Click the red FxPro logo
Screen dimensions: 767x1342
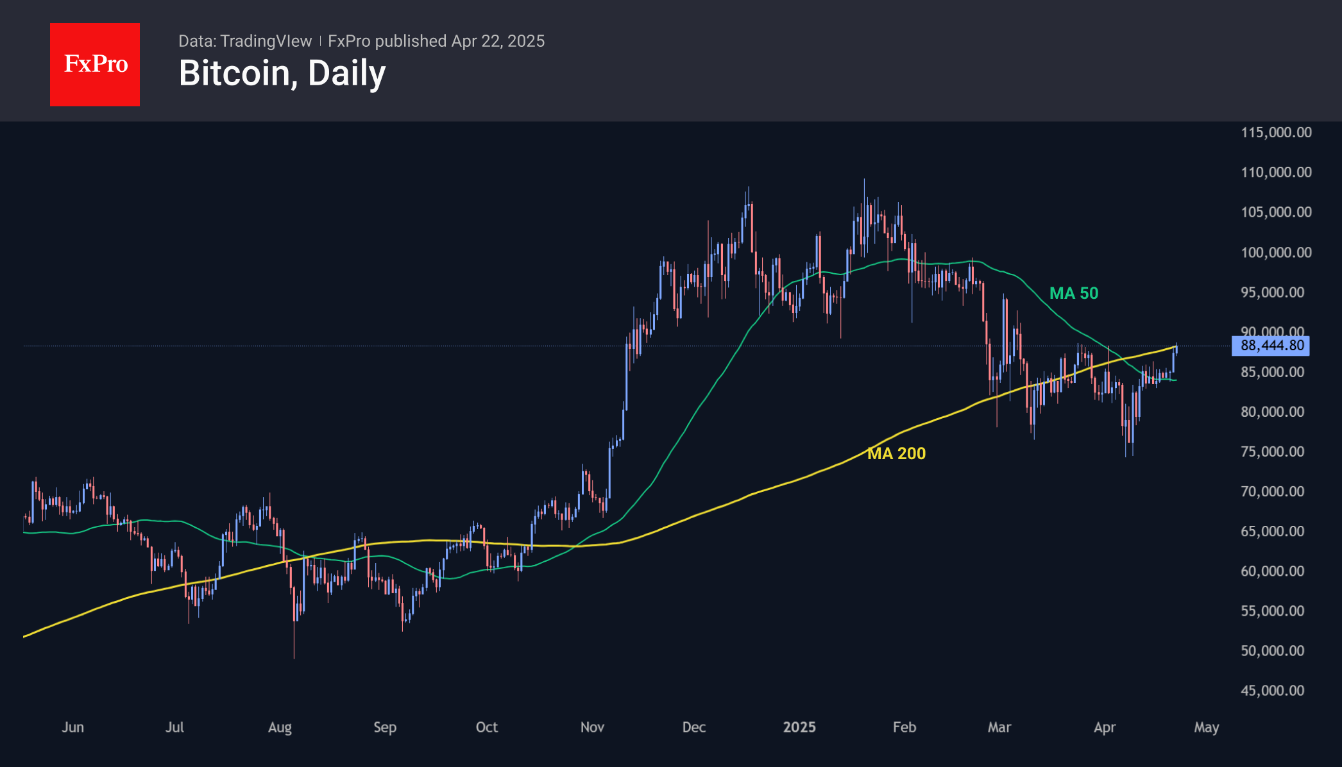coord(95,64)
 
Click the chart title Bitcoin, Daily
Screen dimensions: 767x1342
coord(282,73)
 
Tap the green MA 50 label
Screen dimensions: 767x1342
coord(1073,293)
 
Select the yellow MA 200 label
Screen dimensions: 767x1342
coord(896,453)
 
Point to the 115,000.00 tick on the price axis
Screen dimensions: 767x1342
coord(1276,132)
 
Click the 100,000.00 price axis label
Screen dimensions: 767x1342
coord(1276,252)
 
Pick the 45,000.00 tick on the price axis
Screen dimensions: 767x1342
coord(1272,691)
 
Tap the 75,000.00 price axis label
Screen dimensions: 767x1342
coord(1272,451)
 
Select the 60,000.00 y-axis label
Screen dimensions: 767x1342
coord(1272,571)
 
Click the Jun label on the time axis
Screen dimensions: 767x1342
coord(72,727)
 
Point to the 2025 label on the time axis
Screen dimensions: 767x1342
coord(799,727)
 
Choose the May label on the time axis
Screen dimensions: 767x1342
coord(1206,727)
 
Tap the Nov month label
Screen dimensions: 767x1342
coord(592,727)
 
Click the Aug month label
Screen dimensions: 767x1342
coord(280,727)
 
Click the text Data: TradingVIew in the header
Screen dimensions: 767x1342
coord(245,41)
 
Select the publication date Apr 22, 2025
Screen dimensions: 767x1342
coord(498,41)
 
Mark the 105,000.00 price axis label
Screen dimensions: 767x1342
coord(1276,212)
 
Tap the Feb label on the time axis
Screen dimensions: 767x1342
coord(905,727)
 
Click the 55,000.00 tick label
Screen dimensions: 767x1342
coord(1272,611)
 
